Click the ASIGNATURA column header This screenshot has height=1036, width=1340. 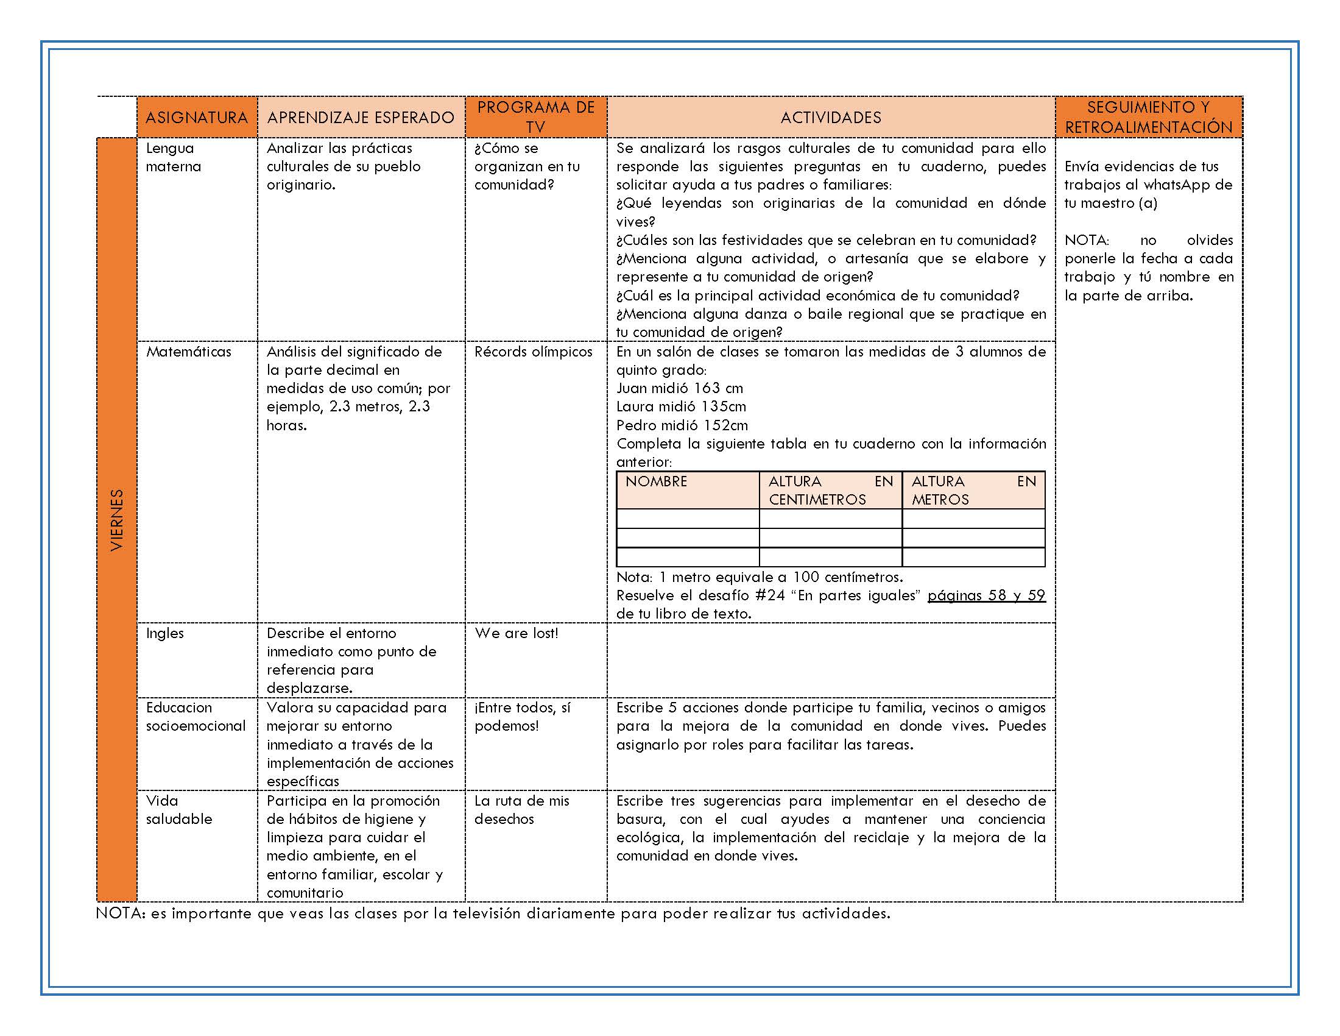(x=196, y=117)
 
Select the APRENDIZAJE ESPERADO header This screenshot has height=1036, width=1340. (x=361, y=117)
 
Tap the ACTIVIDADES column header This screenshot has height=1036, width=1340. (x=831, y=117)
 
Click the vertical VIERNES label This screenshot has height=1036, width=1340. (x=116, y=520)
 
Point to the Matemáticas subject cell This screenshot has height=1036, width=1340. (x=188, y=352)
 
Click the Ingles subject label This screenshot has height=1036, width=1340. (x=164, y=633)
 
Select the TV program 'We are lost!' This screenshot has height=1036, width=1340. (x=516, y=633)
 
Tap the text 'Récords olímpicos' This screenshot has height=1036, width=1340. (x=533, y=352)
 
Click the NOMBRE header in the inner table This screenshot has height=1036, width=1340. (x=656, y=482)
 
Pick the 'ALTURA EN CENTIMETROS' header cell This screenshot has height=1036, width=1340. (x=830, y=491)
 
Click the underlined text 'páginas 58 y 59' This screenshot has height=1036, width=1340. (x=986, y=595)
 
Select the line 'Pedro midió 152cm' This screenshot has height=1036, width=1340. (x=682, y=425)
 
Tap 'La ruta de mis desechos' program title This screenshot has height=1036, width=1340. (x=521, y=809)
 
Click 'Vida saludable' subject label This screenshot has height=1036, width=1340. (x=178, y=809)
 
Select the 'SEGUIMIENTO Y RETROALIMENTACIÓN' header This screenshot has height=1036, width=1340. (x=1148, y=117)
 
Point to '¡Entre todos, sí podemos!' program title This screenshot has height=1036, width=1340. (x=522, y=716)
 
